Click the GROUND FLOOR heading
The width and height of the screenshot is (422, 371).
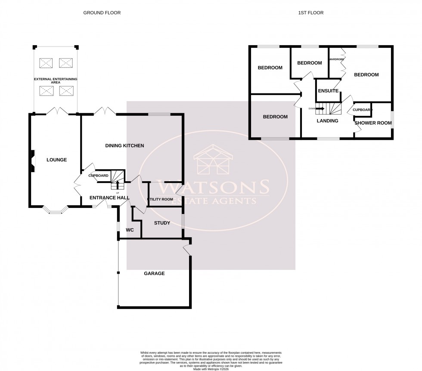[102, 13]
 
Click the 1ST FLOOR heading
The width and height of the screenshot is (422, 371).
[310, 13]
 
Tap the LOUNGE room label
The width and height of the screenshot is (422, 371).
[56, 160]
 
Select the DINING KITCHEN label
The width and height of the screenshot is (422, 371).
[124, 146]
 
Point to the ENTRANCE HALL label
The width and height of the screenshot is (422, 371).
[109, 198]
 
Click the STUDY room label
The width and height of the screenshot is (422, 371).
[162, 223]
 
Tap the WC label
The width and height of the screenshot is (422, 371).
[130, 230]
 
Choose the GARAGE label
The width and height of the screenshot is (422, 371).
[154, 273]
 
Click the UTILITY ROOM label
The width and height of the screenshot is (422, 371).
[161, 199]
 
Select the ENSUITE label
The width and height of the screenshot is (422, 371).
[328, 91]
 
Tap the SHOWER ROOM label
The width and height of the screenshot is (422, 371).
[373, 123]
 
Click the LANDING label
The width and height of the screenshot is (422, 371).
[327, 121]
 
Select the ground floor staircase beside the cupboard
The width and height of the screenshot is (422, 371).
[118, 176]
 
